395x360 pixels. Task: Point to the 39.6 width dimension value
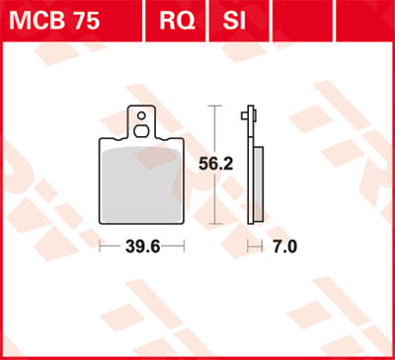(141, 247)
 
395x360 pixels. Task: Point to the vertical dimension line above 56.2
(216, 124)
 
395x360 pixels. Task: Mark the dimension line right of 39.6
(175, 247)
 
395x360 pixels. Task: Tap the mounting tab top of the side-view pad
(247, 116)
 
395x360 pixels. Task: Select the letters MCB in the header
(32, 20)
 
